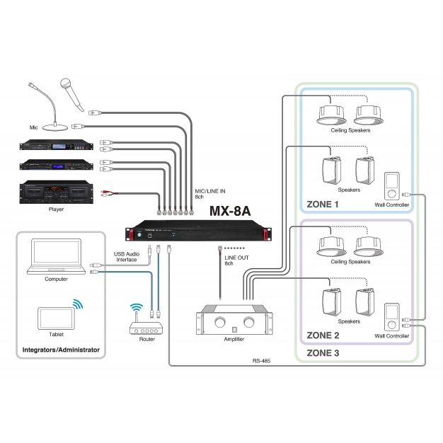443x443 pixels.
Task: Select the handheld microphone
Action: pos(69,91)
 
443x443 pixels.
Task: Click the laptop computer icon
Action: pos(56,256)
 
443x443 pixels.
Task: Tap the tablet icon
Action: pos(55,318)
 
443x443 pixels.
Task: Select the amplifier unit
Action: pos(234,322)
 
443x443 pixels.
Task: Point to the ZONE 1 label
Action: pos(323,205)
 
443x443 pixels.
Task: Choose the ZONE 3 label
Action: pos(323,352)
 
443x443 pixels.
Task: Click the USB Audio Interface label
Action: pos(127,257)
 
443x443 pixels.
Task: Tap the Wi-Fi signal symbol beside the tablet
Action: pos(76,305)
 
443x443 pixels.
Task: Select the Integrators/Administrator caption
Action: pos(61,350)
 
